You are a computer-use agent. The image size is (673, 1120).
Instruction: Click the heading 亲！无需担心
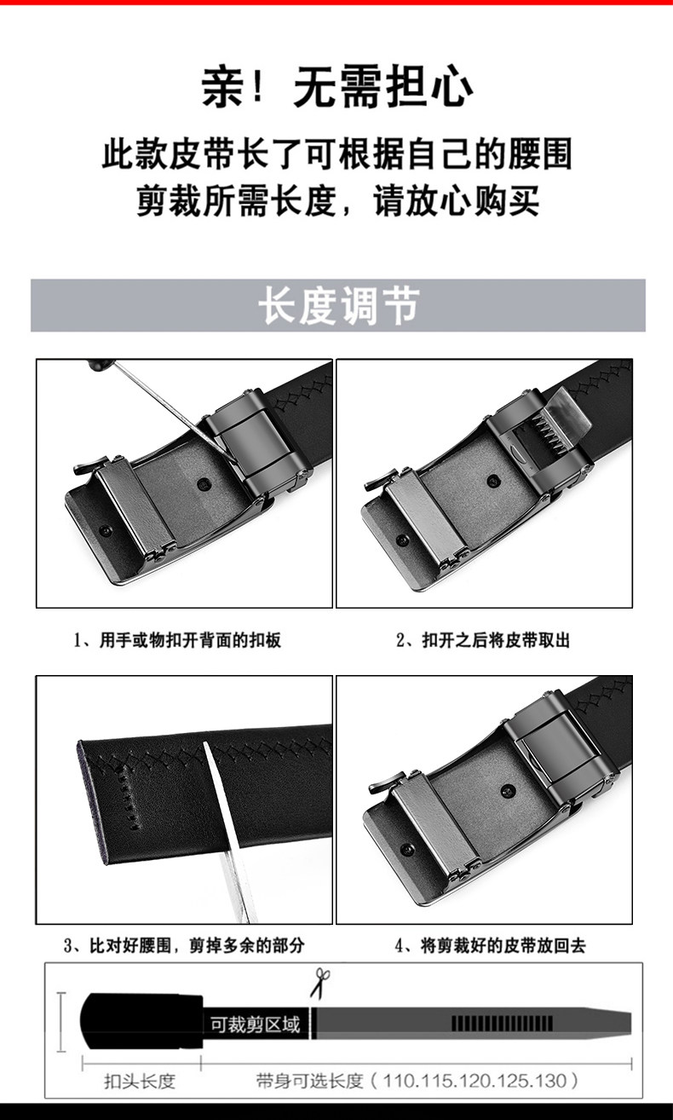click(x=336, y=87)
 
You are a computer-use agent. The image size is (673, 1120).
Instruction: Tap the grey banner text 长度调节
click(x=339, y=305)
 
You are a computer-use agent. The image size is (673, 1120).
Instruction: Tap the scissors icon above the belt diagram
click(x=319, y=983)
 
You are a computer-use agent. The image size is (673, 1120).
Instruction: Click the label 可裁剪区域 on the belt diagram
click(x=255, y=1025)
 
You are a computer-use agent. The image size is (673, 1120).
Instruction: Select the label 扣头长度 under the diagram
click(x=140, y=1081)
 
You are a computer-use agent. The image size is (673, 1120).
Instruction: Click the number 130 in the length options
click(x=550, y=1081)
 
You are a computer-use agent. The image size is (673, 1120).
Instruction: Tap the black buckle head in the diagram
click(x=141, y=1021)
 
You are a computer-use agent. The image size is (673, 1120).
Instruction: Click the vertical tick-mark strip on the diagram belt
click(x=502, y=1024)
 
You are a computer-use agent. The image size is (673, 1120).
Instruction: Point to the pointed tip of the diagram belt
click(x=631, y=1024)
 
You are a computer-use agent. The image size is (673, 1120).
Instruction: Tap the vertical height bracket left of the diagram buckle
click(x=61, y=1022)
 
